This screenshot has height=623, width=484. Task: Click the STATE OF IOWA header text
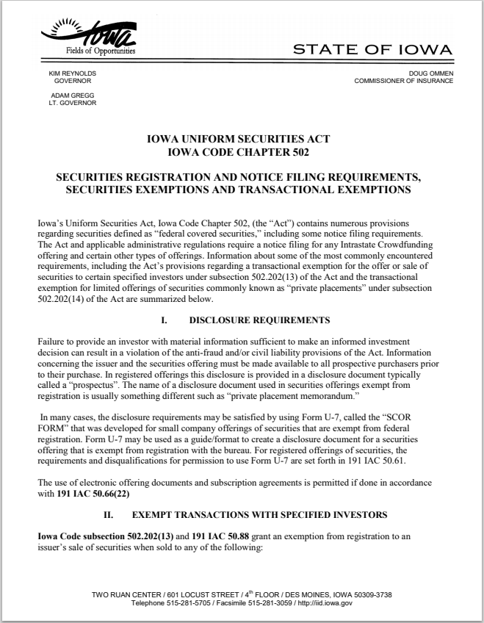pos(372,49)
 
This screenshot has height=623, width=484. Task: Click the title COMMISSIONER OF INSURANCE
pos(403,81)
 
